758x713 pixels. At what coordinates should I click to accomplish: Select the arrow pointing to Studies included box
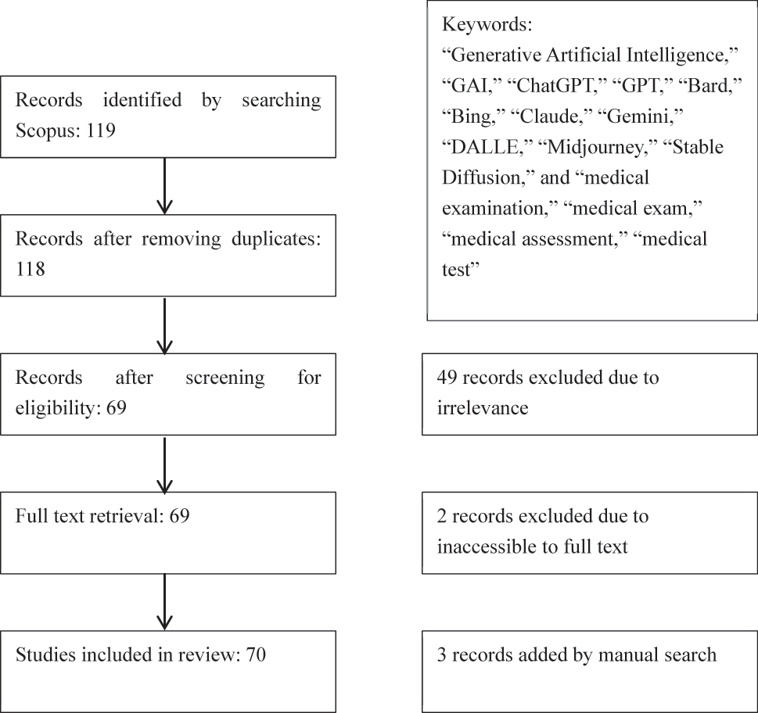[164, 603]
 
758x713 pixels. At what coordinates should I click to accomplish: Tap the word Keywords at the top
[487, 24]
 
